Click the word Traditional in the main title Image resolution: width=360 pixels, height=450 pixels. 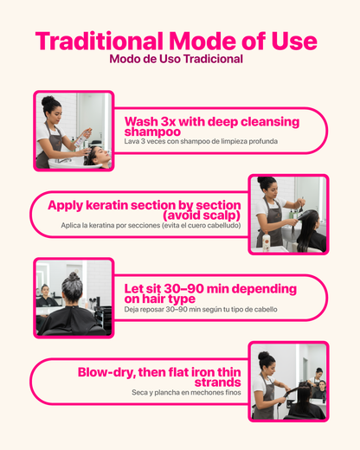tap(99, 41)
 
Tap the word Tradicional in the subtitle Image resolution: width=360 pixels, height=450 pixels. tap(213, 59)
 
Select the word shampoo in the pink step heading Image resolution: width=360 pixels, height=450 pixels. tap(152, 132)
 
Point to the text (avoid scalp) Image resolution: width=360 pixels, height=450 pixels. tap(202, 215)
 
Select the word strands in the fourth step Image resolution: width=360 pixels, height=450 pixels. tap(217, 382)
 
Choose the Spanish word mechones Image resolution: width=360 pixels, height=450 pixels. tap(205, 393)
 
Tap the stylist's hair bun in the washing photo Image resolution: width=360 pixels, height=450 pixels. tap(48, 101)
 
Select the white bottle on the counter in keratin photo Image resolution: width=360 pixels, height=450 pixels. tap(266, 241)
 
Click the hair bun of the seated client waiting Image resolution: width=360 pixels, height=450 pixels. tap(74, 277)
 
